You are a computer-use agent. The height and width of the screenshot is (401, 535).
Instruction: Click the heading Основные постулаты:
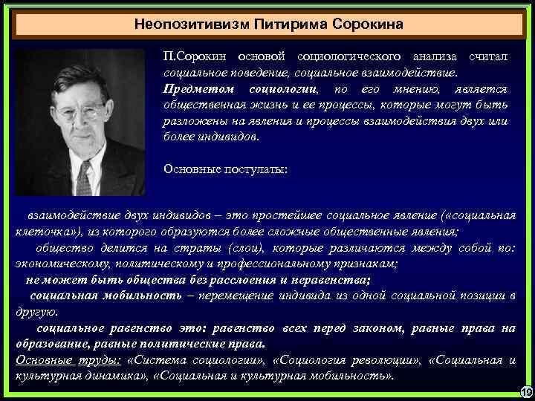(225, 168)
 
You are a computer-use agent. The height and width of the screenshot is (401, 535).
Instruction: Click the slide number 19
(524, 391)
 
